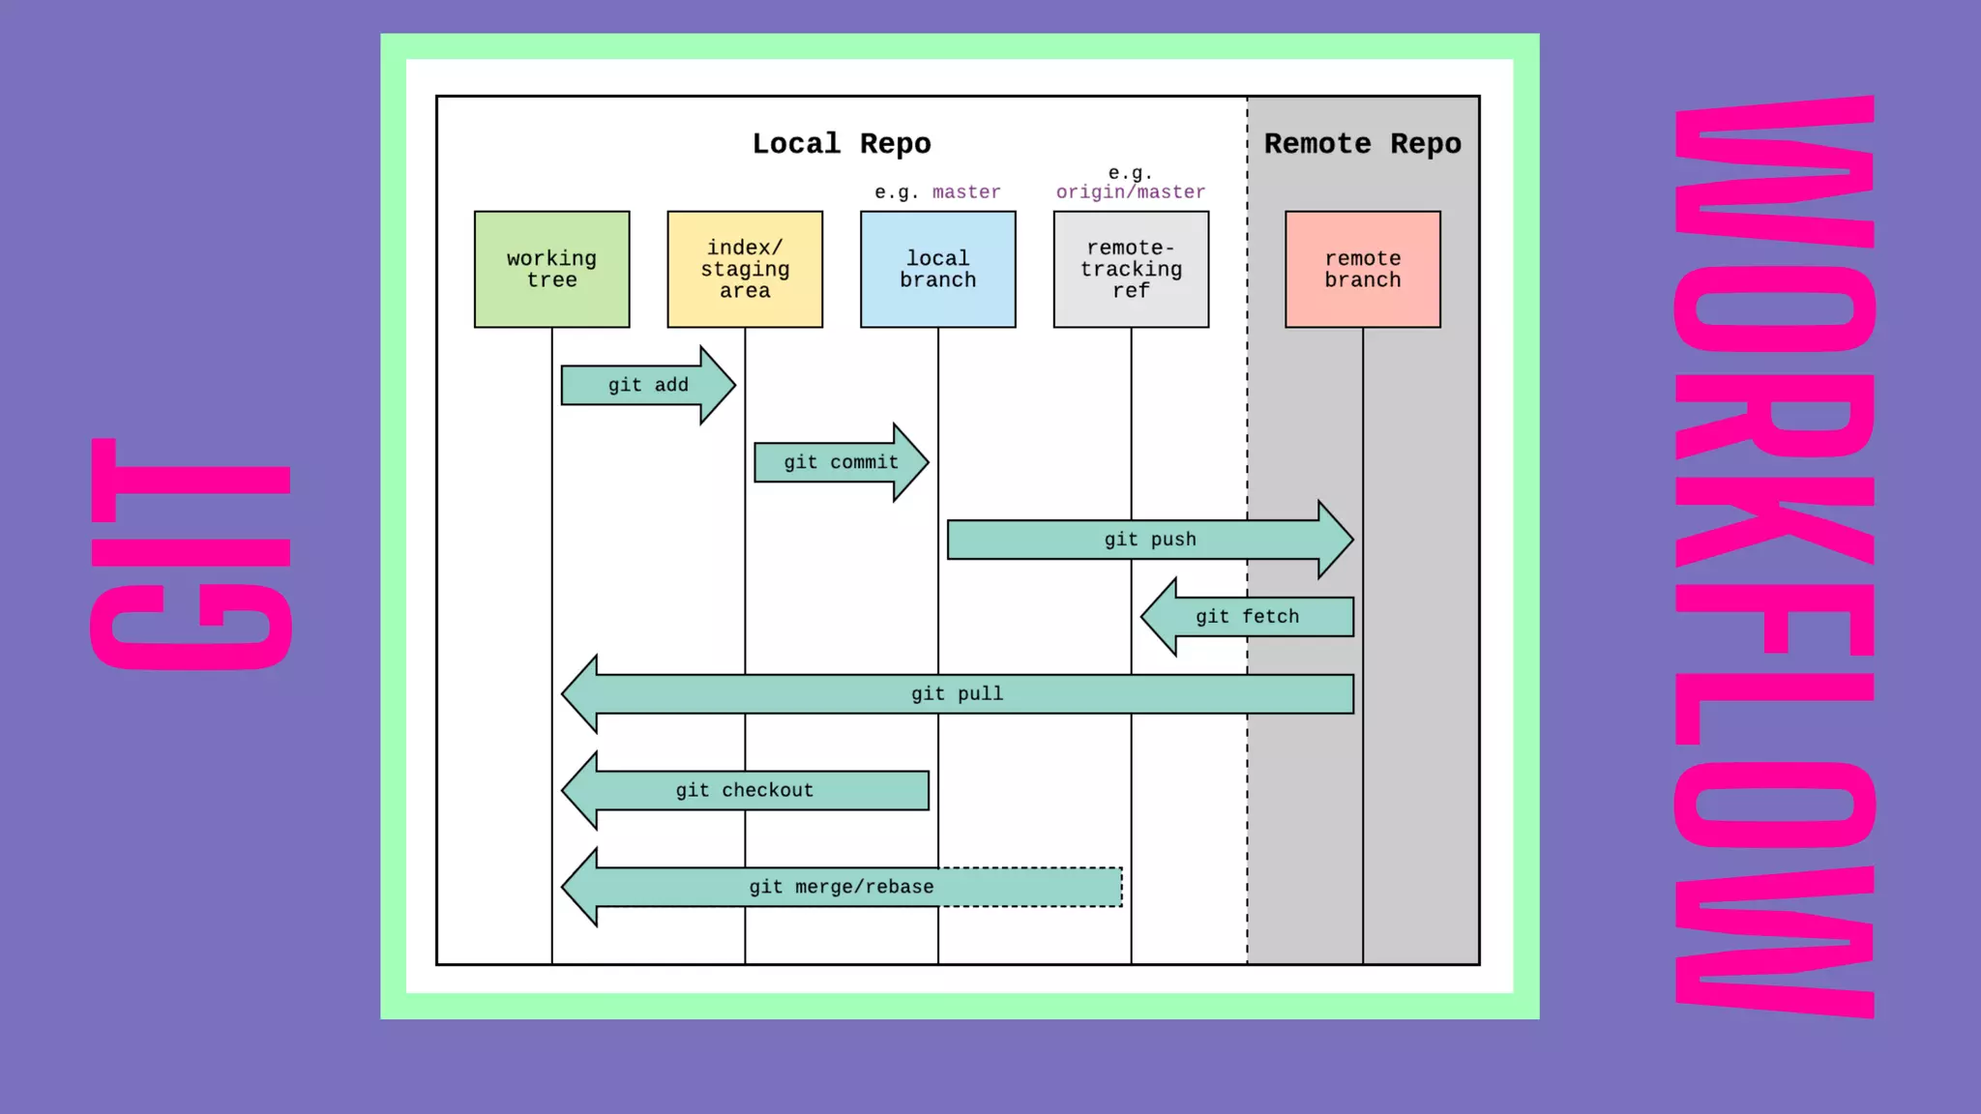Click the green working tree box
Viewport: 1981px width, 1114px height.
click(x=551, y=269)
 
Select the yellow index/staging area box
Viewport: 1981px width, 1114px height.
click(x=745, y=269)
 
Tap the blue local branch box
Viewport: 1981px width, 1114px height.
click(x=937, y=269)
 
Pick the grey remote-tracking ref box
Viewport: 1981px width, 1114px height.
click(x=1131, y=269)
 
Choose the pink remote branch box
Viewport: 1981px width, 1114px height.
click(x=1362, y=269)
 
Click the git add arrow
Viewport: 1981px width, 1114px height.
click(x=648, y=385)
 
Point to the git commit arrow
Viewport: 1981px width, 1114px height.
click(x=841, y=462)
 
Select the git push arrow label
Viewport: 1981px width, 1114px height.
click(x=1150, y=540)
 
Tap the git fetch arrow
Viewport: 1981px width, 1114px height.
click(x=1247, y=617)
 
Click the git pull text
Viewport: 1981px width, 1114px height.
click(x=957, y=694)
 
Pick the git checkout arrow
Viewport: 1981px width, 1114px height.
click(x=745, y=790)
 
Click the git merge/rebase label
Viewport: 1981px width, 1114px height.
click(x=841, y=887)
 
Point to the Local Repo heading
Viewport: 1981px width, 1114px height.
click(x=842, y=143)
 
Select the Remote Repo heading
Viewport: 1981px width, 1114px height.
click(x=1362, y=143)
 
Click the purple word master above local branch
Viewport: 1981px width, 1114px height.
click(x=966, y=191)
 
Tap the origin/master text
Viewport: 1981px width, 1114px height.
click(x=1131, y=191)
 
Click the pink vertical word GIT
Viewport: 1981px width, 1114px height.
click(x=191, y=553)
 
